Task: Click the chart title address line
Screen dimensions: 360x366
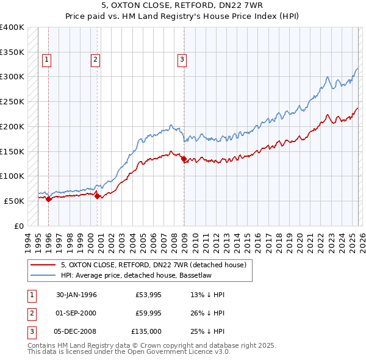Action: tap(182, 5)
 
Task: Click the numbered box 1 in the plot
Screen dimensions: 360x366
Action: tap(47, 59)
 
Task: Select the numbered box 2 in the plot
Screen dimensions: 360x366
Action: tap(96, 59)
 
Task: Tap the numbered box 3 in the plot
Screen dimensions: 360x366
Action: tap(182, 59)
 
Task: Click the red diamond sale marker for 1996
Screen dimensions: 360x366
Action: tap(48, 199)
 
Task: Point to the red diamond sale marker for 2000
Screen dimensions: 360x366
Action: tap(97, 196)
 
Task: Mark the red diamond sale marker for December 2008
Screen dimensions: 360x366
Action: tap(184, 159)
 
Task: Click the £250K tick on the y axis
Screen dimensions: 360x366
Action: tap(12, 102)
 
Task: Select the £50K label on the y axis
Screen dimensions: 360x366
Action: tap(14, 201)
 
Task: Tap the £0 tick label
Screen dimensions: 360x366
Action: tap(18, 226)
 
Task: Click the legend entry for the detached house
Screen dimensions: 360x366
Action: tap(153, 265)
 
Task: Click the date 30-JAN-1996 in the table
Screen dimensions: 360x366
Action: tap(76, 295)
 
